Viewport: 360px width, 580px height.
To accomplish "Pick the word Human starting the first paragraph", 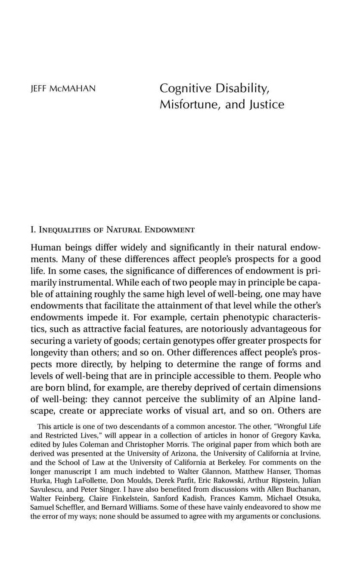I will [45, 248].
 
